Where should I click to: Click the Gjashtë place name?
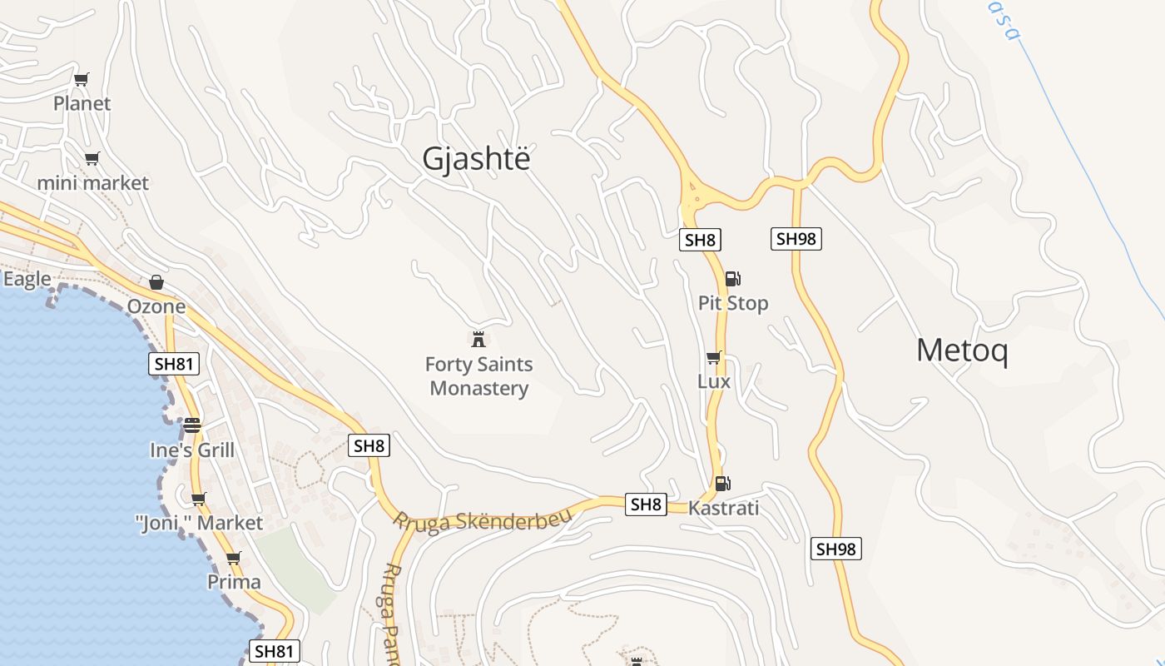475,158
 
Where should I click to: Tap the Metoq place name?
962,350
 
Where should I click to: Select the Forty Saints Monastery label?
478,376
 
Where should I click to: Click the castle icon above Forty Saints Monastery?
478,339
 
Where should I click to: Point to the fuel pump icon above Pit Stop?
732,279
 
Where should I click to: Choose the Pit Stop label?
733,303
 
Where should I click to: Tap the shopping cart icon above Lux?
713,358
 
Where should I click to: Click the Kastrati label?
723,508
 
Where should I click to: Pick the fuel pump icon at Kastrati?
722,484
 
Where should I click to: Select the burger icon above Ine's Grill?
192,425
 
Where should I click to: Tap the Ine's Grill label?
192,450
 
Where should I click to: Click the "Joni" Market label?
199,523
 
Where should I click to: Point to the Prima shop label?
234,581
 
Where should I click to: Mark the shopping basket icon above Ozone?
156,283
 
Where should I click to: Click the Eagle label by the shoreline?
27,279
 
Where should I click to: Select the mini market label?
92,183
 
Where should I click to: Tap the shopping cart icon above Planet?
81,80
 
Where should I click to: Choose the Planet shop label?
82,103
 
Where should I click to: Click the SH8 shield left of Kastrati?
646,504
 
